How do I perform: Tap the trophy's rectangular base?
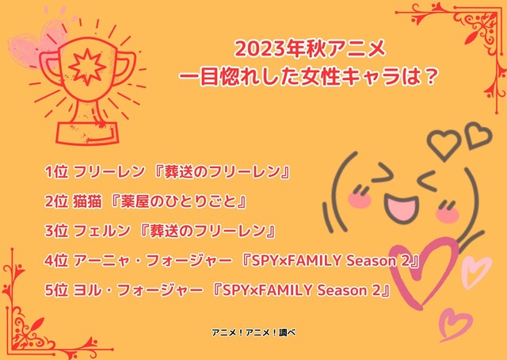pyautogui.click(x=86, y=128)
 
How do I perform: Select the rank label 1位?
pyautogui.click(x=58, y=172)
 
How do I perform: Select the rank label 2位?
pyautogui.click(x=58, y=201)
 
